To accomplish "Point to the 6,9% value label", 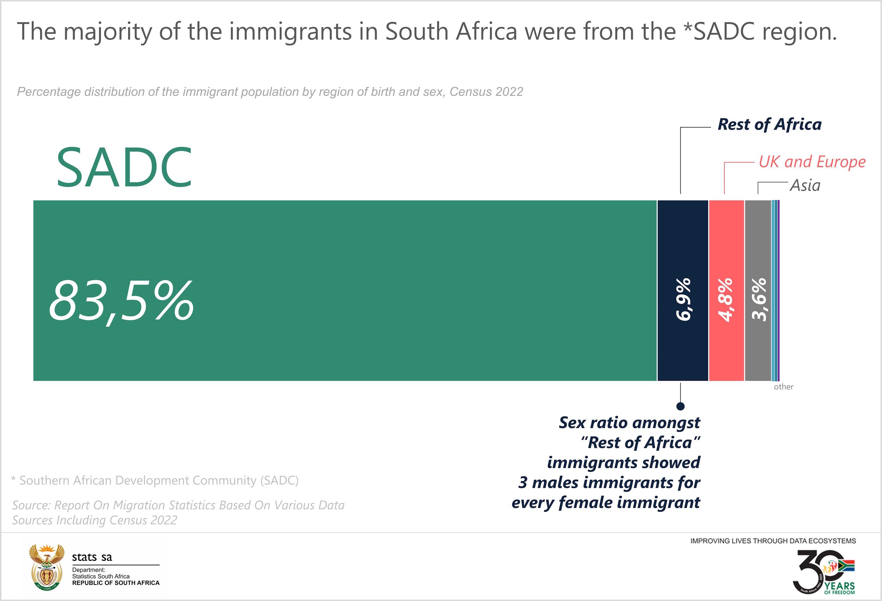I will pos(684,300).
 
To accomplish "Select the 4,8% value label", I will pos(726,300).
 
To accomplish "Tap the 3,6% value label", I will pos(759,300).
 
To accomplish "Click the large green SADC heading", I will pos(124,168).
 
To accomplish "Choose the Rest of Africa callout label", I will pos(769,124).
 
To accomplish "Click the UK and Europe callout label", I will pos(812,162).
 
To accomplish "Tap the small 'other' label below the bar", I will pos(783,387).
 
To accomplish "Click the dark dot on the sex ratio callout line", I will pos(681,406).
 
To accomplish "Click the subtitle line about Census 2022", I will pos(270,92).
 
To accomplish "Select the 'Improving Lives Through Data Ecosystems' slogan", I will pos(773,541).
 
